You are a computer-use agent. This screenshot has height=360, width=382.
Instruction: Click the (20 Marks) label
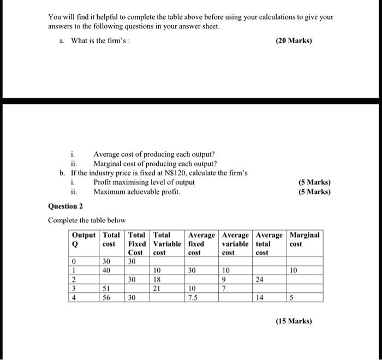tap(294, 40)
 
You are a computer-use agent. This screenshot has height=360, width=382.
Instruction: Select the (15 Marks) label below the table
tap(294, 321)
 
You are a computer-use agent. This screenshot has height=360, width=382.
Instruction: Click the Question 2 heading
tap(65, 206)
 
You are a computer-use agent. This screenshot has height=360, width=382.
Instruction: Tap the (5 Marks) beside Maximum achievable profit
tap(315, 192)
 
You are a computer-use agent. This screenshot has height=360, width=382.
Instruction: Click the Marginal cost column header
tap(305, 239)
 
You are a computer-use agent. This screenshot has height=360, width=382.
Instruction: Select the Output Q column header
tap(83, 239)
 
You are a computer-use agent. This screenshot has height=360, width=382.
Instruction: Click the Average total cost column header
tap(269, 244)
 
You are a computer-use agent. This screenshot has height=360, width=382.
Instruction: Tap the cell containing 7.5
tap(193, 298)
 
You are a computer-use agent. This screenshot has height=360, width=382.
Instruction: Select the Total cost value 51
tap(109, 288)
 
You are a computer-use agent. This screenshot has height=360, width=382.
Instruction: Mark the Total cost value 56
tap(109, 298)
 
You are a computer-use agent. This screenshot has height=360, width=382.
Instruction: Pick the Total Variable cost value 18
tap(158, 279)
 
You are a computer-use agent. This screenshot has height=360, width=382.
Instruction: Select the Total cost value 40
tap(109, 270)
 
